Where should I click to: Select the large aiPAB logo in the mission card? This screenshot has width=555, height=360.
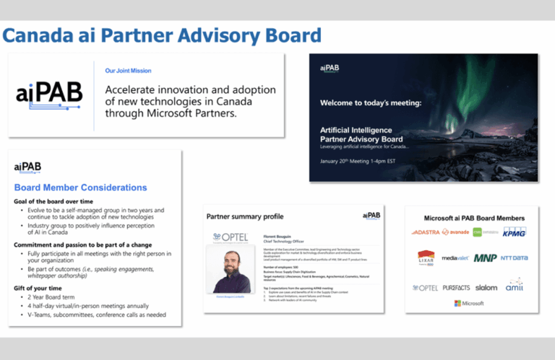(49, 93)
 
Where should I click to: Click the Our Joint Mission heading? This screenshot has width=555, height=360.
(128, 71)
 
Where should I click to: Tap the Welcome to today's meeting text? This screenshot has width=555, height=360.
(371, 102)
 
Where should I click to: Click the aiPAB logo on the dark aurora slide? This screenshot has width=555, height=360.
(330, 68)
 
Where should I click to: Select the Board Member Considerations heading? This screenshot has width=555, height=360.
(80, 188)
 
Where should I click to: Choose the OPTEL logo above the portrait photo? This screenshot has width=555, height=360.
(231, 237)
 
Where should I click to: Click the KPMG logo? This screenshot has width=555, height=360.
(514, 232)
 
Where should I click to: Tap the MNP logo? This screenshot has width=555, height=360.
(485, 258)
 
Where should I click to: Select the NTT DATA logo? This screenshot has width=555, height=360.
(515, 258)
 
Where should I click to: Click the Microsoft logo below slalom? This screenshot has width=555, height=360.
(469, 303)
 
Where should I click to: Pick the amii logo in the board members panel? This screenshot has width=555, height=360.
(515, 285)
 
